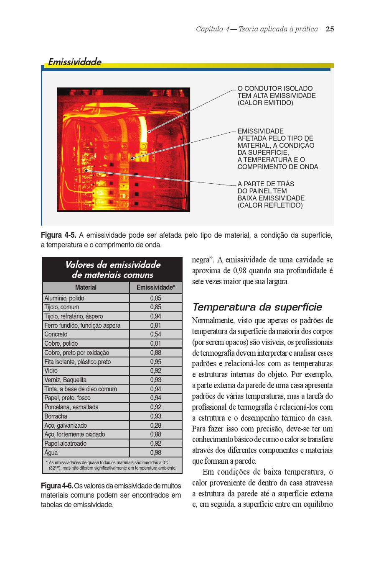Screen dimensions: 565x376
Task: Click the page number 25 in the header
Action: [330, 29]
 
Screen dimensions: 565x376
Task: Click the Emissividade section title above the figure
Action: [74, 62]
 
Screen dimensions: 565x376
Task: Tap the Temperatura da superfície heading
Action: [257, 307]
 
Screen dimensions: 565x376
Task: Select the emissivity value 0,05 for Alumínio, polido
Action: [155, 298]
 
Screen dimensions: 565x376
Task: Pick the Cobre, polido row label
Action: [61, 344]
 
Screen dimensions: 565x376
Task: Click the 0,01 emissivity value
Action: [155, 344]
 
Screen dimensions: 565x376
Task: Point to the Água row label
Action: [51, 452]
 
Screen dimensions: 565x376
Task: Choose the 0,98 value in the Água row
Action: [155, 452]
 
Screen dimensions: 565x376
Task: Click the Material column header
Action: [86, 288]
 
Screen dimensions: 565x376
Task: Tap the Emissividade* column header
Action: [156, 288]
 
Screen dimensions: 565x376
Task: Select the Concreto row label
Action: [56, 334]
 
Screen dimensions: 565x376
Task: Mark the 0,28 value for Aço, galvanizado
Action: [155, 425]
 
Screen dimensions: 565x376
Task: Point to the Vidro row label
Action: [51, 371]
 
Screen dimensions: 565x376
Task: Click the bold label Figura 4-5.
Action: [58, 235]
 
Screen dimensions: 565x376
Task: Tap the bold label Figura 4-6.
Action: [57, 486]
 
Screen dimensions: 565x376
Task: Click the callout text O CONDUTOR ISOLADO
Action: [275, 89]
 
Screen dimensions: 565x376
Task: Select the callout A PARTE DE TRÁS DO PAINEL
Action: [266, 187]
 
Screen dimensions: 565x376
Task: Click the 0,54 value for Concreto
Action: [155, 334]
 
